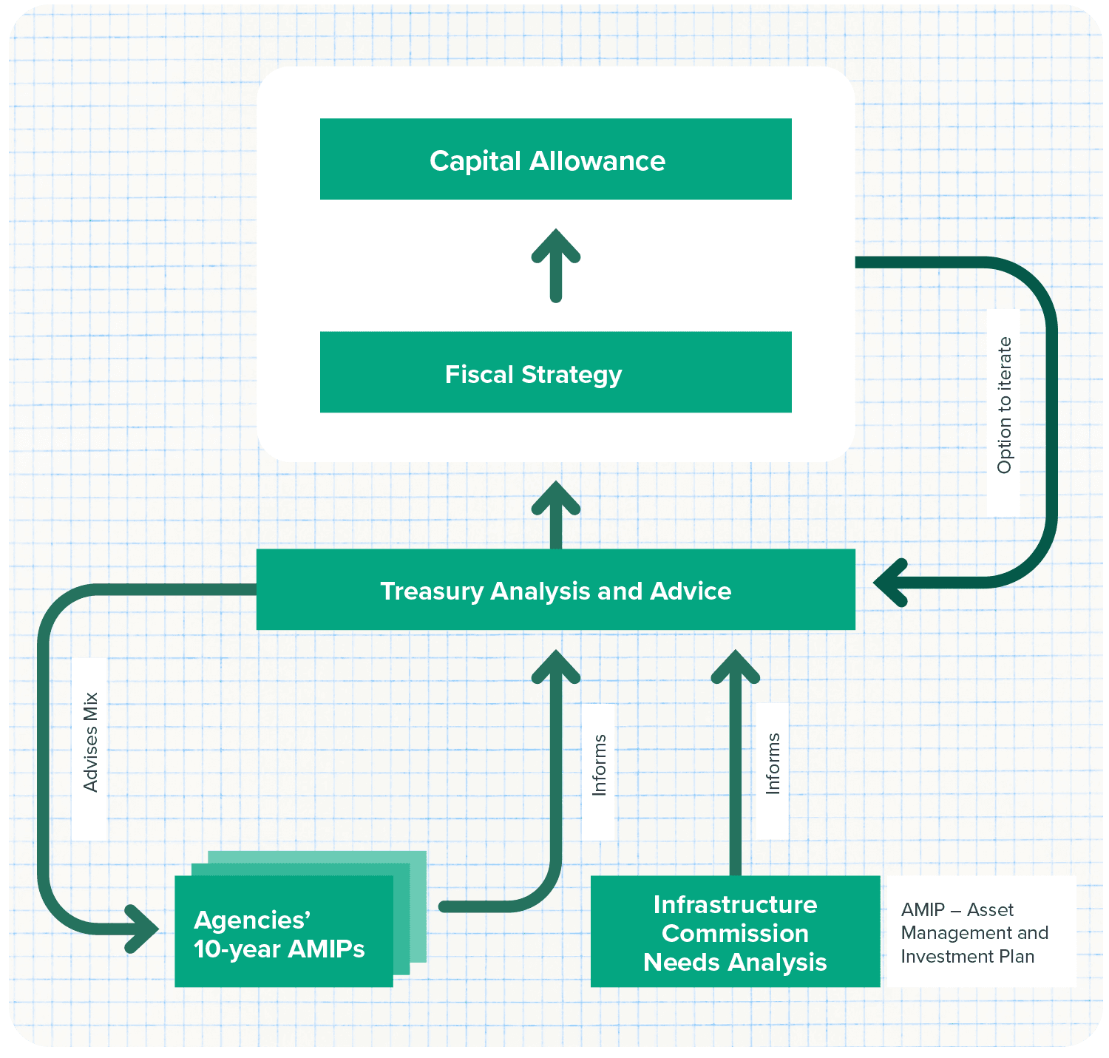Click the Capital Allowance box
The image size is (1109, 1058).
click(555, 159)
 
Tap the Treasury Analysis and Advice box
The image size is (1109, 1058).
click(555, 589)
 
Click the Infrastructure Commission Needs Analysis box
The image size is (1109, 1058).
click(735, 932)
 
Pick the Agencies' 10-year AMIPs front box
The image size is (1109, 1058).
click(283, 932)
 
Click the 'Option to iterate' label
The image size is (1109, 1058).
click(1004, 405)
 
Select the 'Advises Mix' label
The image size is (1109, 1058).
click(91, 742)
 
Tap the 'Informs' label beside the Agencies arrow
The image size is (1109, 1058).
click(600, 764)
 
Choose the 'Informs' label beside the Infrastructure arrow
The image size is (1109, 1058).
click(773, 763)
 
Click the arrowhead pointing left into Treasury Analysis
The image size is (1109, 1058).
click(890, 583)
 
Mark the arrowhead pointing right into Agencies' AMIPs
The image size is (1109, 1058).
click(143, 928)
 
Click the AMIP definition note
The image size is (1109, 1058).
click(974, 932)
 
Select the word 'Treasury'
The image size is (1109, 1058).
click(431, 591)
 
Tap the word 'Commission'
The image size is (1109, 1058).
click(735, 933)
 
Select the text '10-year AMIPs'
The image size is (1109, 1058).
click(279, 949)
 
